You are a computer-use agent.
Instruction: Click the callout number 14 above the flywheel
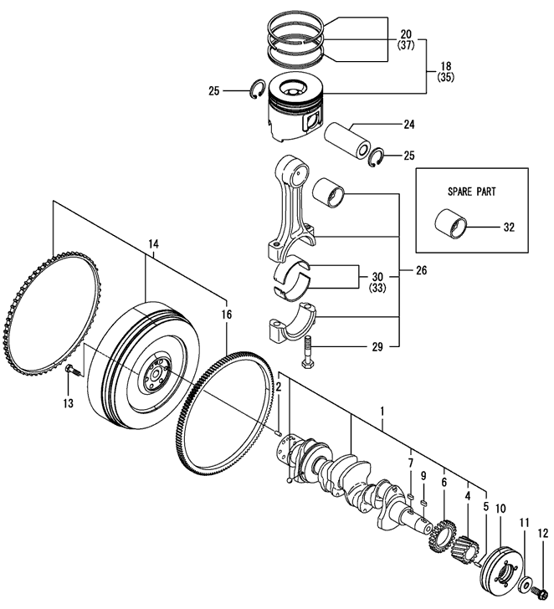tap(153, 245)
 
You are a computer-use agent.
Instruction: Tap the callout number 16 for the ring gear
tap(226, 314)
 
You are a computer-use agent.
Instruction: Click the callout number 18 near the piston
tap(444, 64)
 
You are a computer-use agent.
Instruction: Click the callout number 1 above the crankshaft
tap(382, 412)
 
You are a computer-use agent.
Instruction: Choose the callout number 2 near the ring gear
tap(279, 386)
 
